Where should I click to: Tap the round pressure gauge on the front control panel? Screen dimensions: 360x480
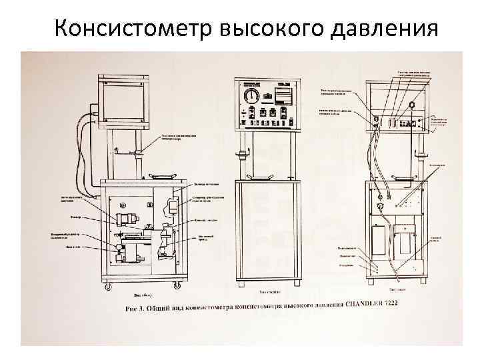click(251, 97)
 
